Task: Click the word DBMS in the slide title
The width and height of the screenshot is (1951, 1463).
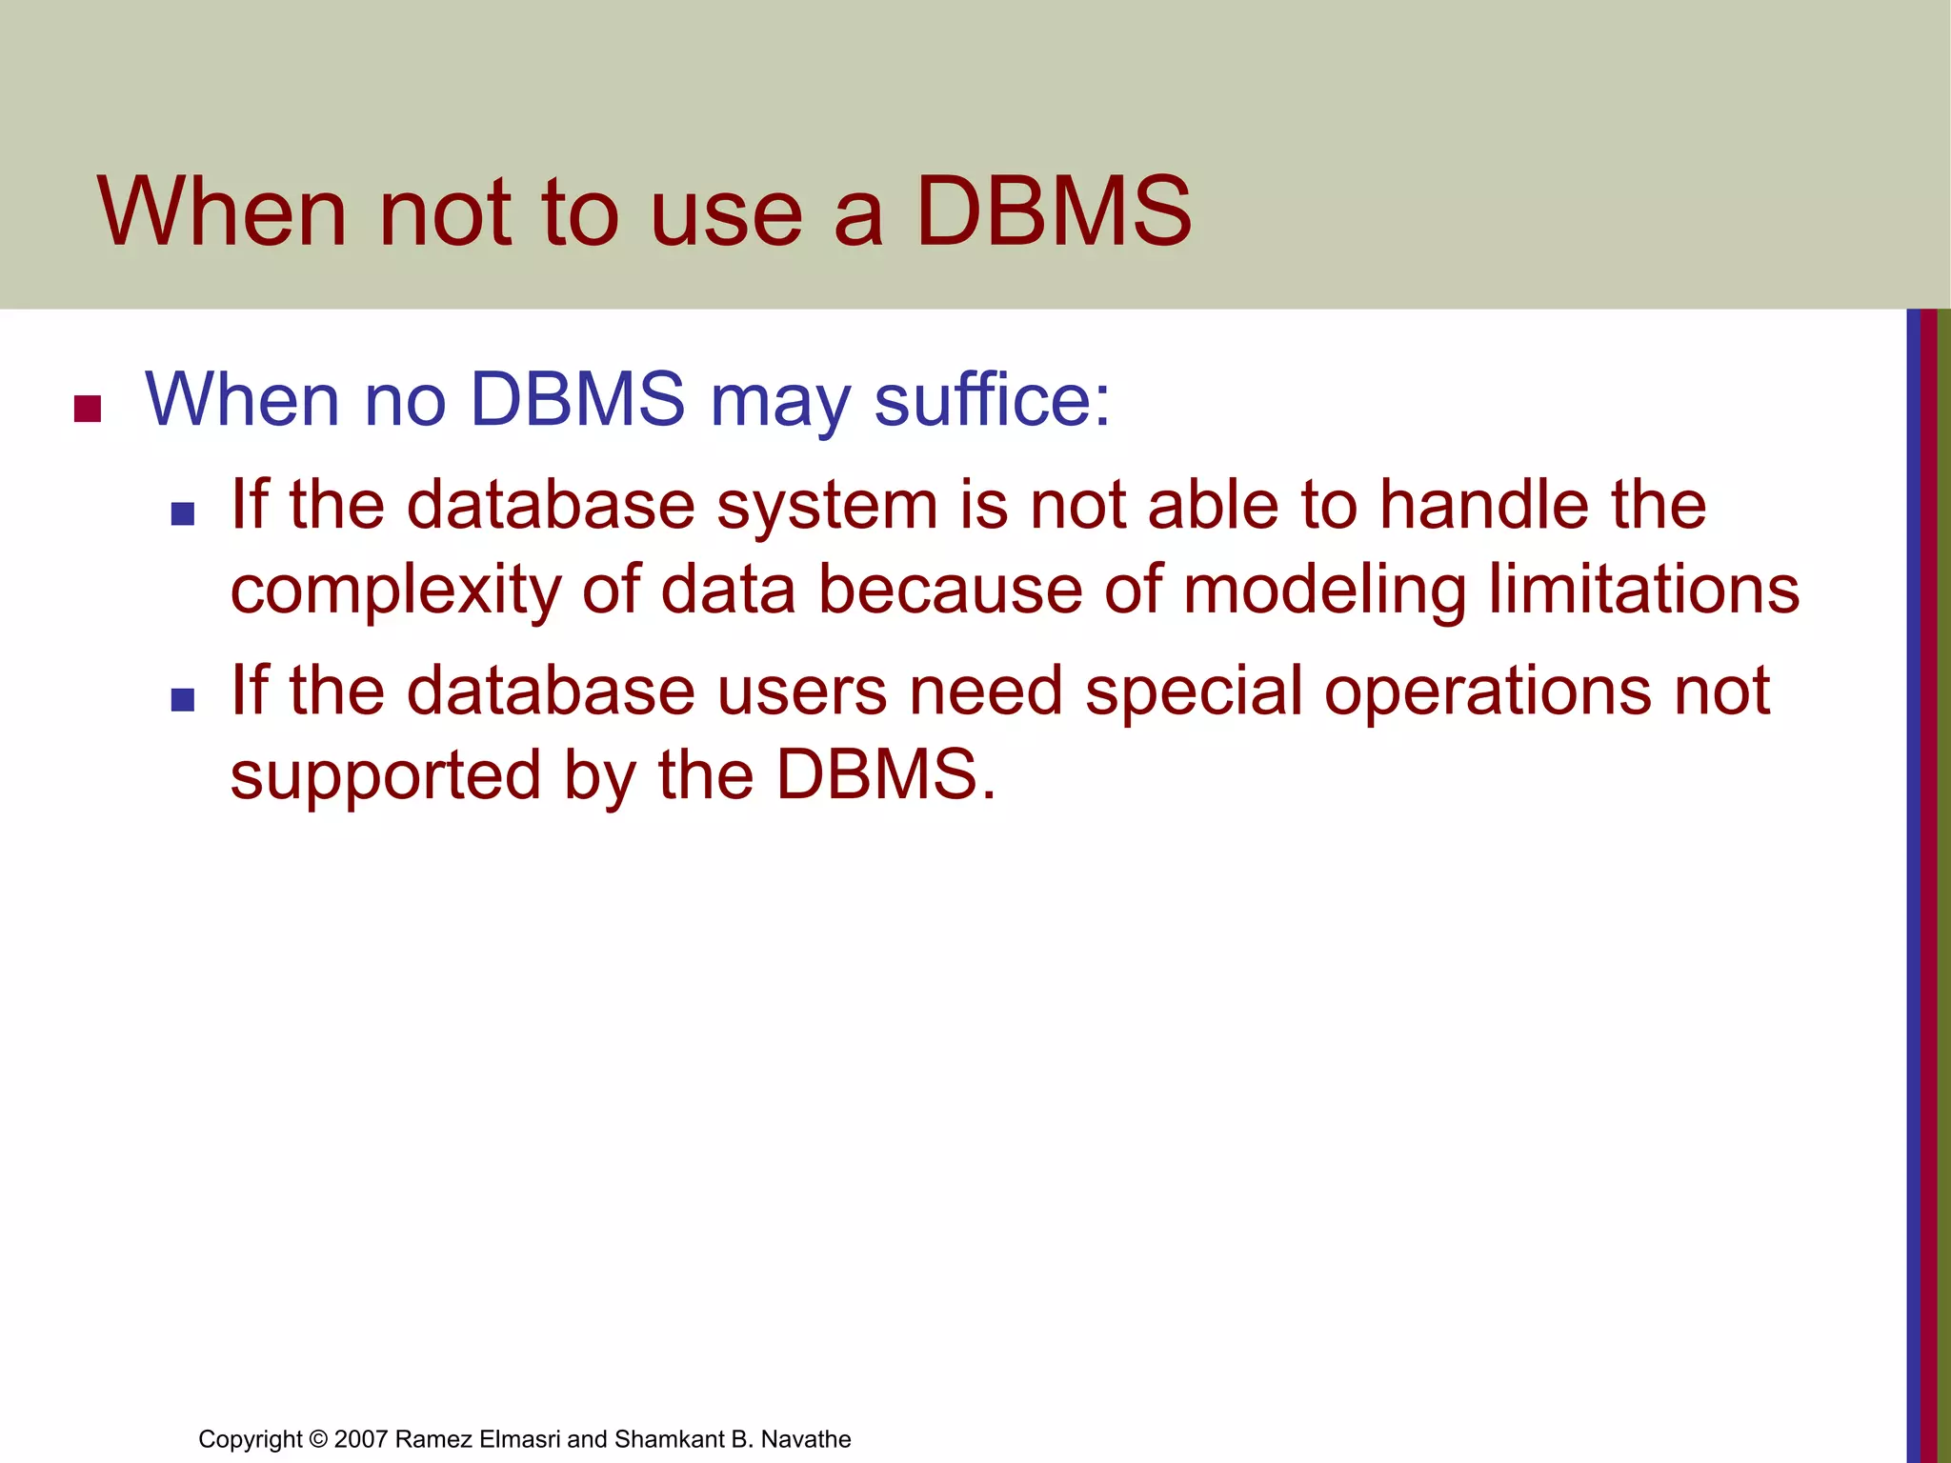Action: [1053, 211]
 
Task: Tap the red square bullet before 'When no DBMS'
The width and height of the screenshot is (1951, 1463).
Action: [88, 409]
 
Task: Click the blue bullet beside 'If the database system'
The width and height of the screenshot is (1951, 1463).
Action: [182, 514]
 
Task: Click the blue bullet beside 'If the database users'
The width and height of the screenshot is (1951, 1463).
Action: [182, 700]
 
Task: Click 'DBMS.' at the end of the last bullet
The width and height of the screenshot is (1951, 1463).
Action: [886, 773]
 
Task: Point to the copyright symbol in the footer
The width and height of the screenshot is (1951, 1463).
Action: [318, 1439]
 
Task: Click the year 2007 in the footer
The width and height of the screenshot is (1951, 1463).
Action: [361, 1439]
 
